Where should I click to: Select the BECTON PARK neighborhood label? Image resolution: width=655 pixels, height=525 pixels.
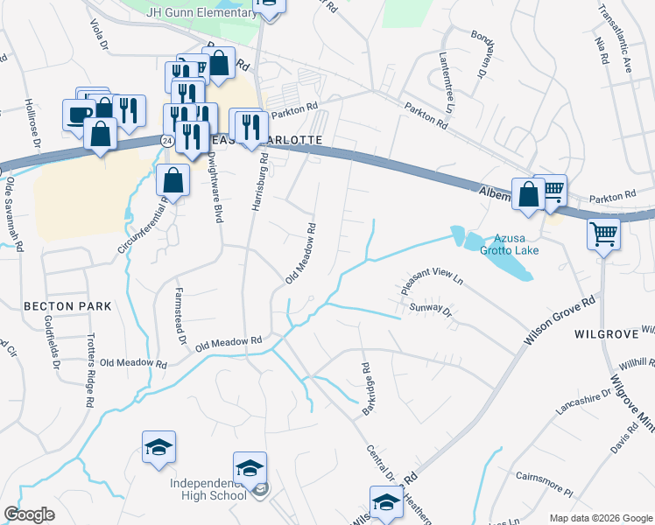(x=56, y=306)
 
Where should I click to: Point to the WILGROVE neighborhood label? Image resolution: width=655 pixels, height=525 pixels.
(x=603, y=335)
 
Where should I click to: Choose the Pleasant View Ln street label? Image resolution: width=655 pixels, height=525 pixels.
(x=430, y=280)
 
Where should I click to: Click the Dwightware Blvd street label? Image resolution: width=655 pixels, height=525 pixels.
(x=214, y=186)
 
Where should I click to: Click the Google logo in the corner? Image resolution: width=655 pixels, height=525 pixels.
(x=30, y=514)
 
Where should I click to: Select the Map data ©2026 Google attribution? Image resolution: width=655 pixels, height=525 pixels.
(x=600, y=518)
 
